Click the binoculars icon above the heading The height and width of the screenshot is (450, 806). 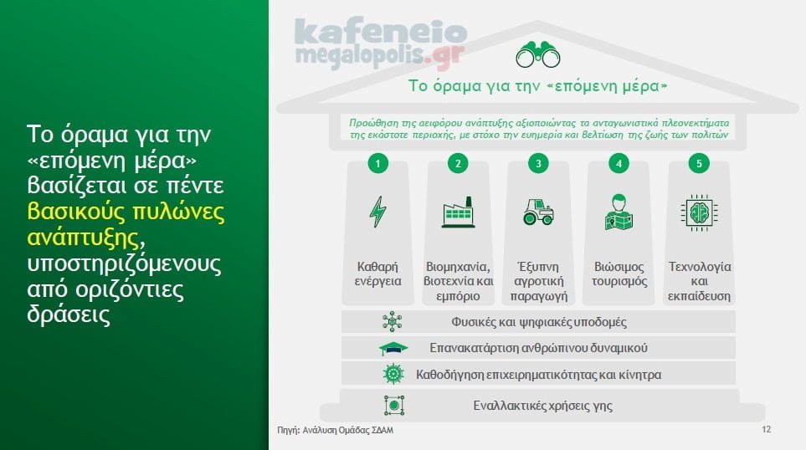point(537,54)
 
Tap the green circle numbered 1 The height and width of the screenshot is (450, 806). point(377,163)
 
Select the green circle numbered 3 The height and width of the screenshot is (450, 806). point(538,163)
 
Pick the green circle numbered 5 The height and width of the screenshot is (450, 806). point(699,163)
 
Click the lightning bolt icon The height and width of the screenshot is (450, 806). point(377,212)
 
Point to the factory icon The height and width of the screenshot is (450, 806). point(458,212)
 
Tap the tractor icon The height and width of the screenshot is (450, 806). point(538,212)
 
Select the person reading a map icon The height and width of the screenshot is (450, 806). point(619,212)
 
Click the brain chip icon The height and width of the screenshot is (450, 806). point(699,212)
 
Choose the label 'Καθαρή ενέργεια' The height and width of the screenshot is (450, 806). point(377,274)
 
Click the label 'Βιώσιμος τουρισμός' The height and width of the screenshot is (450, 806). point(619,274)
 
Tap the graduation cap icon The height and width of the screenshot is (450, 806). point(393,348)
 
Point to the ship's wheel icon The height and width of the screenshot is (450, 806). point(393,374)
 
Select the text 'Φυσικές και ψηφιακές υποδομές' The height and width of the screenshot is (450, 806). point(539,322)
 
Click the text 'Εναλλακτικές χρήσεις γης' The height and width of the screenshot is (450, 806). point(543,406)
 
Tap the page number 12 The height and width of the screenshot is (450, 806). point(767,429)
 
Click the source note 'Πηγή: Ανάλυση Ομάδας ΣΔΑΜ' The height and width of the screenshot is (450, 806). point(335,430)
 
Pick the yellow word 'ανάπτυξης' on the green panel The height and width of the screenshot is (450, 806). point(83,238)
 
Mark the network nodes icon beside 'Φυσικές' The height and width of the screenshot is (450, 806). point(393,321)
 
